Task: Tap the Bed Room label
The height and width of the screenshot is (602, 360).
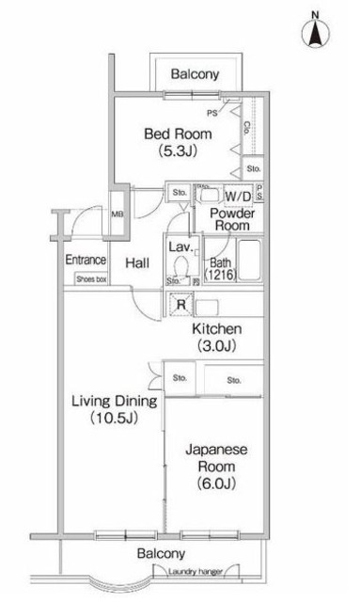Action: (178, 134)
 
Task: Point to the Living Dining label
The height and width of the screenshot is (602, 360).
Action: (113, 402)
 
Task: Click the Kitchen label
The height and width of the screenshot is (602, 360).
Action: (218, 329)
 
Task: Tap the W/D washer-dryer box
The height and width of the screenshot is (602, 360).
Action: (238, 197)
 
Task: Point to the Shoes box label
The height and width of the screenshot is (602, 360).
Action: (91, 279)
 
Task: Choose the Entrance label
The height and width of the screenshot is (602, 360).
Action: (84, 261)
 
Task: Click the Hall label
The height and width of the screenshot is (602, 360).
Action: (138, 263)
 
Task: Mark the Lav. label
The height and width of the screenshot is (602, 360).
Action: (180, 246)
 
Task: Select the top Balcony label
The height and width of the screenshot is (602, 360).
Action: (196, 73)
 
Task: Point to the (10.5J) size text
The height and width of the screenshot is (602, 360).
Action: (113, 419)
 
